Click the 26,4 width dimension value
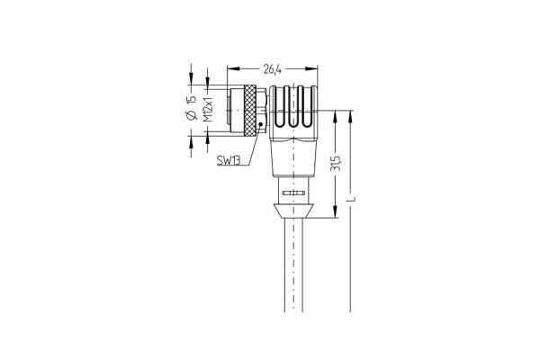point(273,69)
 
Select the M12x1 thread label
point(207,109)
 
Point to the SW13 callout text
point(229,160)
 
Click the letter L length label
point(351,199)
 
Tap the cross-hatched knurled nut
point(249,110)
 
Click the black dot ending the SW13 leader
point(260,124)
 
